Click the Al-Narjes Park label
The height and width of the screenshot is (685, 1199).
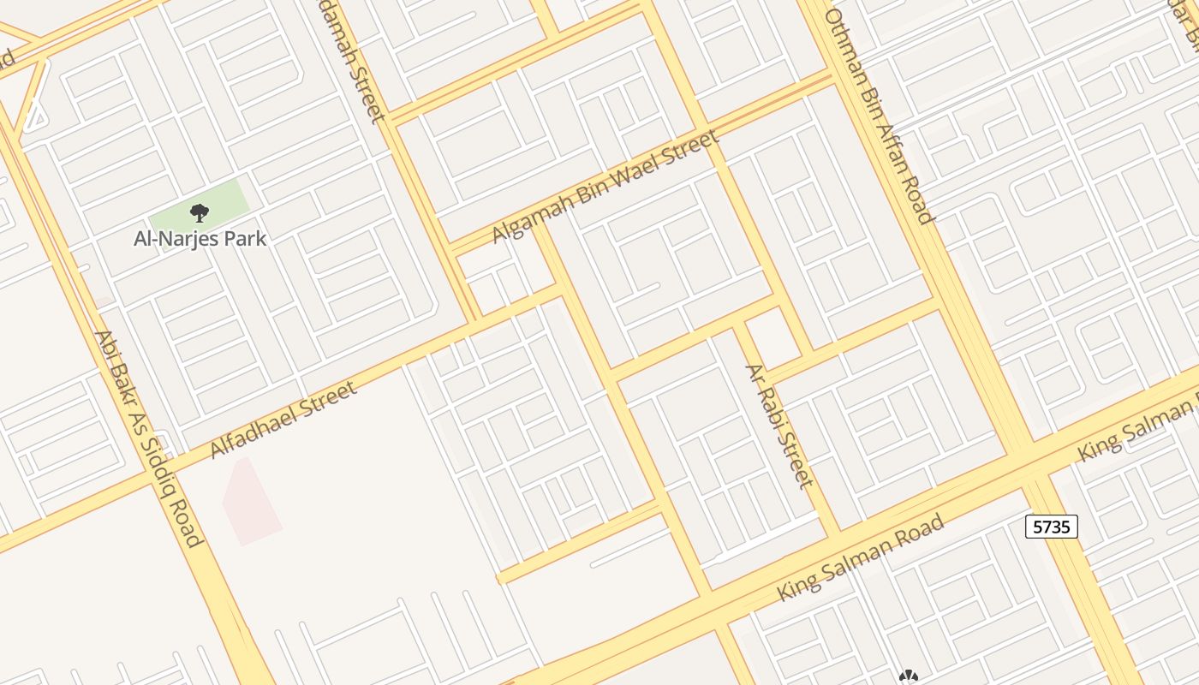tap(200, 238)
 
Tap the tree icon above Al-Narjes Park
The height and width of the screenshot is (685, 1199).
tap(199, 212)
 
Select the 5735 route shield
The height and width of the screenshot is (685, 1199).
tap(1051, 527)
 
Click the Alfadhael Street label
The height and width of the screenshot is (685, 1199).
tap(283, 420)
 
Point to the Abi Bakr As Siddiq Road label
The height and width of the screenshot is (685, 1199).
tap(148, 438)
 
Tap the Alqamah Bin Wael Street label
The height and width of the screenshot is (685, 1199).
tap(604, 186)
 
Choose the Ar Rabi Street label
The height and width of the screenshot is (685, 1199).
tap(778, 426)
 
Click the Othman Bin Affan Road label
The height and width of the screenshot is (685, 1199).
tap(879, 116)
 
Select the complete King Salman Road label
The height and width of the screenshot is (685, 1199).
tap(861, 557)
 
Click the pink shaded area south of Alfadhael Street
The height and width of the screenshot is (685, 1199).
tap(250, 502)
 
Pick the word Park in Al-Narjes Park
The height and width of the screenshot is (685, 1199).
tap(247, 238)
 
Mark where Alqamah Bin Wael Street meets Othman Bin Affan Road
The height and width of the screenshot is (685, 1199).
tap(829, 79)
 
